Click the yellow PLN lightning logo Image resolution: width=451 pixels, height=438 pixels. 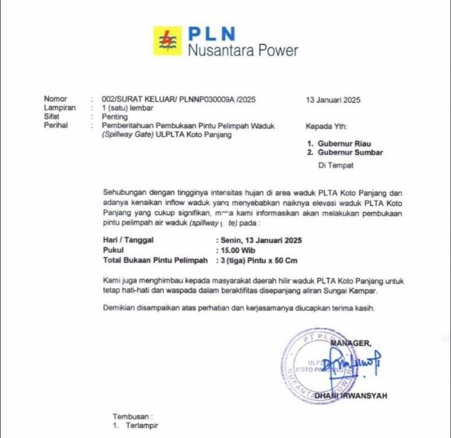click(x=167, y=40)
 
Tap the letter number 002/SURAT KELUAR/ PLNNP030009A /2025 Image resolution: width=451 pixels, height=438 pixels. click(x=179, y=100)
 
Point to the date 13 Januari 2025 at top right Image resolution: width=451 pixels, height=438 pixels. click(x=333, y=100)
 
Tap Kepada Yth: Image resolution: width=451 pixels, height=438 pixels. click(x=327, y=126)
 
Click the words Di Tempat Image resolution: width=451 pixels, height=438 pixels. click(x=335, y=166)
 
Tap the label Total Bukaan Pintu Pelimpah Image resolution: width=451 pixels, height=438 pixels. click(x=156, y=260)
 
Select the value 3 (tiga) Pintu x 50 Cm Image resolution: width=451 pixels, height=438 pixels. click(x=258, y=260)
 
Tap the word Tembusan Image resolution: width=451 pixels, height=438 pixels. click(x=132, y=416)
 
